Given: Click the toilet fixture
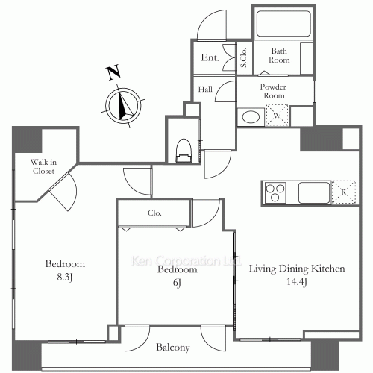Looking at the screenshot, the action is tap(184, 151).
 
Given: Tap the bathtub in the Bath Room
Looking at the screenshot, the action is tap(283, 24).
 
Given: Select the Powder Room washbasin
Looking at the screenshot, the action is tap(251, 117).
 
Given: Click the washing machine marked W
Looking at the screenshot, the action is tap(277, 115).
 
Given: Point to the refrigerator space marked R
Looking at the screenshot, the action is tap(344, 192).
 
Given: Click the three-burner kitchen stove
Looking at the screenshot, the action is tap(275, 192).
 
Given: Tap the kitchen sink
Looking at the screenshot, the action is tap(314, 192).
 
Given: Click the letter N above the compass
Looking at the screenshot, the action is tap(113, 72).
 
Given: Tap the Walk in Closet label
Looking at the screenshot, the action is tap(43, 166).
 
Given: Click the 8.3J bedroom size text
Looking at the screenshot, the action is tap(65, 278).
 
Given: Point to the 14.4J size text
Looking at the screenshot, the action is tap(297, 282).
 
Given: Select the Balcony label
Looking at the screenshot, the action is tap(173, 348).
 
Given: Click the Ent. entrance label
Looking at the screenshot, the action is tap(210, 57).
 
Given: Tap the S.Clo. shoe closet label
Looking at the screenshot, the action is tap(244, 57).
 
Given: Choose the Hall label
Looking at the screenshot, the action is tap(205, 89).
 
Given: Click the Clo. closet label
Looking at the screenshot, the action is tap(154, 213).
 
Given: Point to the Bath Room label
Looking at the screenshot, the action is tap(279, 55).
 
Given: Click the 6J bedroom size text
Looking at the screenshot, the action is tap(177, 283).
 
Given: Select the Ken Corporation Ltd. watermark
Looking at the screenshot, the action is tap(186, 261).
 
